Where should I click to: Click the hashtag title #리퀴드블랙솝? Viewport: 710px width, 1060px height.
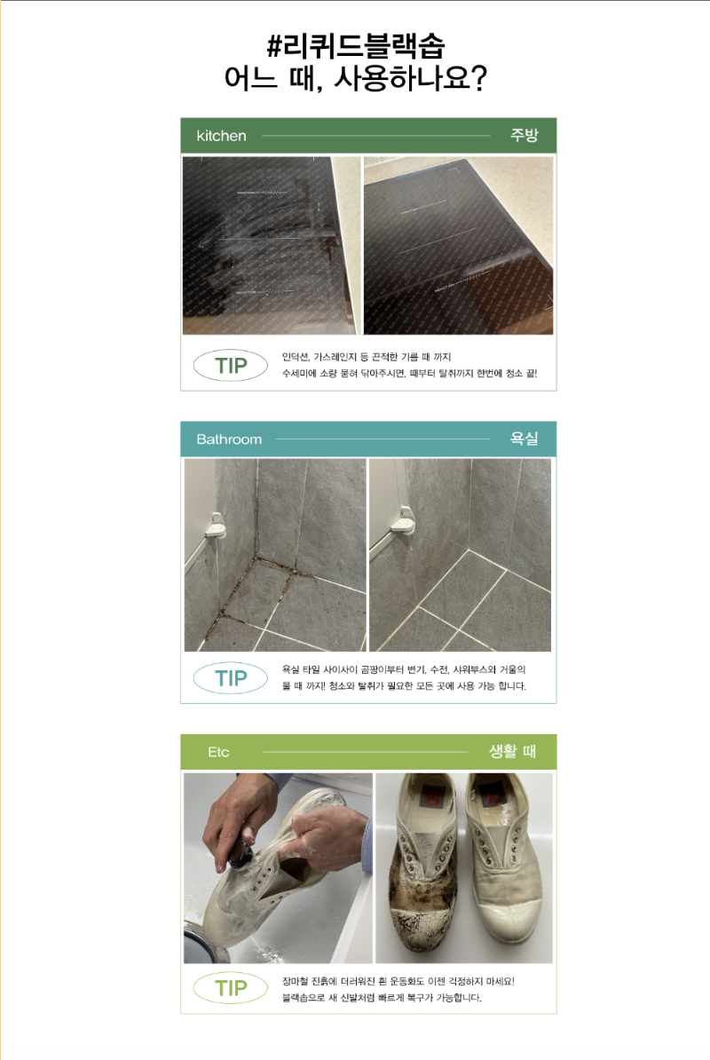pos(355,46)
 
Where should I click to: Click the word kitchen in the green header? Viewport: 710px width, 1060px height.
pos(222,136)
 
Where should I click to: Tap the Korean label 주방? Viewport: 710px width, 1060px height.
pos(524,135)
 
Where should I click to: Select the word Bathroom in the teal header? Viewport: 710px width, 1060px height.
pos(229,439)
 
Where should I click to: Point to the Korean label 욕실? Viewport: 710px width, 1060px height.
pos(524,439)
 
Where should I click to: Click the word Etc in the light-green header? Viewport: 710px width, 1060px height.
pos(218,752)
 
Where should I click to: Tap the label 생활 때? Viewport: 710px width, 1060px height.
pos(512,751)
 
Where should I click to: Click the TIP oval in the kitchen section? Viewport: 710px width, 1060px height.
pos(231,366)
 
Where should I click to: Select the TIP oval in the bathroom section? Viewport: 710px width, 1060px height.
pos(231,678)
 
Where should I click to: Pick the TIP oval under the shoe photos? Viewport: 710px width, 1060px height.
pos(231,988)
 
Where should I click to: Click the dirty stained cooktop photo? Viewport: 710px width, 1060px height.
pos(272,245)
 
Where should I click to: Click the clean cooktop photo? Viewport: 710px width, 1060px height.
pos(458,245)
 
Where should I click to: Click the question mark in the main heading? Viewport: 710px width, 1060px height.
pos(477,79)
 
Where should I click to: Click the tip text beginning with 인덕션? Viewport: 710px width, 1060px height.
pos(409,365)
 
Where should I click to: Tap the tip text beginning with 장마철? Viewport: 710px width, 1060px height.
pos(398,990)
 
